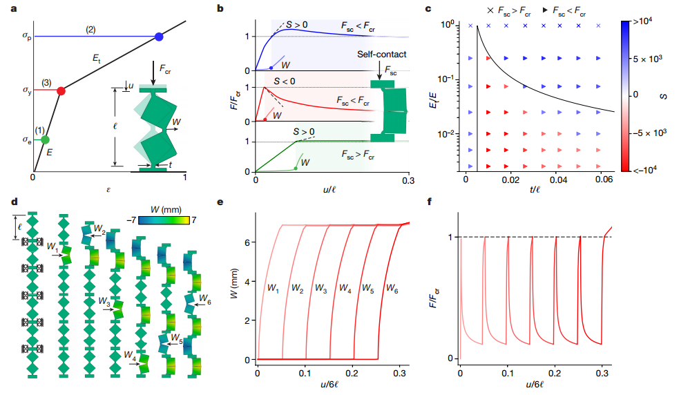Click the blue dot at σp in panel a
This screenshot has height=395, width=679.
(x=159, y=36)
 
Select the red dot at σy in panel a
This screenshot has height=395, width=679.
(x=61, y=90)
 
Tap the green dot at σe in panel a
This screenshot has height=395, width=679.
(x=46, y=139)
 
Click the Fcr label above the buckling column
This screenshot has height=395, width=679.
(x=165, y=69)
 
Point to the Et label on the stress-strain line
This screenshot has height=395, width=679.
(x=97, y=60)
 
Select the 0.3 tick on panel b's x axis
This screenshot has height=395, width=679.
(x=408, y=182)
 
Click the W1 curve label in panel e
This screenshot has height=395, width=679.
(x=274, y=288)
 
